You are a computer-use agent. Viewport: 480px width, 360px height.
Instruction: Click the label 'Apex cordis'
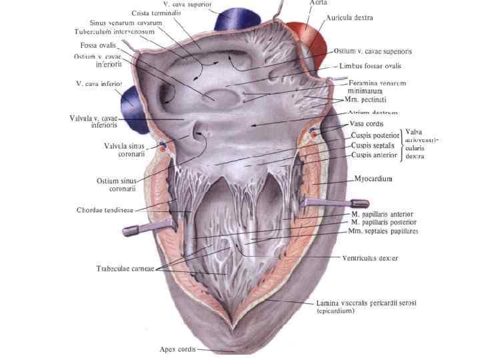click(x=178, y=349)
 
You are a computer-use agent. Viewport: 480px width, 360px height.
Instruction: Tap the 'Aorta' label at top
click(x=319, y=3)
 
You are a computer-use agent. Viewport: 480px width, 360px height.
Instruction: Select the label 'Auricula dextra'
click(x=350, y=18)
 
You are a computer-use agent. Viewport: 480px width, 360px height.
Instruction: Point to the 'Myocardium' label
click(x=373, y=179)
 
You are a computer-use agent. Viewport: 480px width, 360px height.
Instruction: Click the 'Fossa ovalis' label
click(x=98, y=45)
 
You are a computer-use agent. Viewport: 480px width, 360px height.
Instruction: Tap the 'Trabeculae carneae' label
click(x=125, y=269)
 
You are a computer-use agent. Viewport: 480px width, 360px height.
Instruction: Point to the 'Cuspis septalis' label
click(x=374, y=145)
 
